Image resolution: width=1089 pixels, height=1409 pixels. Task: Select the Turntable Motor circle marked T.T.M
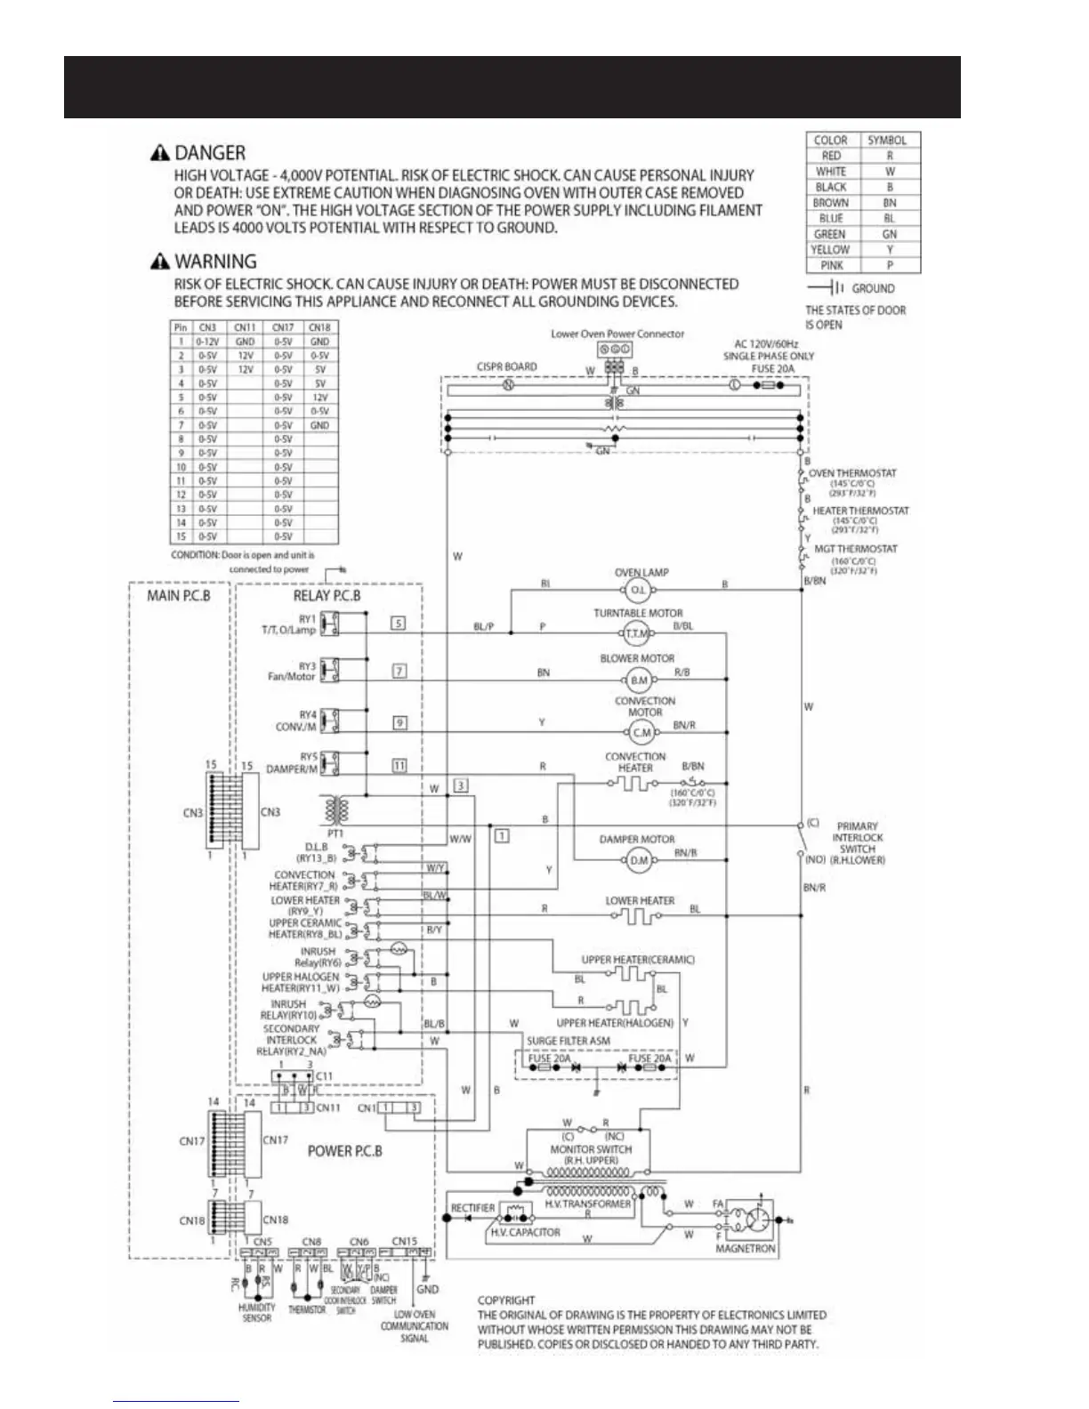tap(637, 633)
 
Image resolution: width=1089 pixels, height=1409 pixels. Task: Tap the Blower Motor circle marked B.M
tap(639, 680)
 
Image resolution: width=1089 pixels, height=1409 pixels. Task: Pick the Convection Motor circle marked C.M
tap(641, 733)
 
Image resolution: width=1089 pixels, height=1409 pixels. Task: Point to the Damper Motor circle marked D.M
tap(639, 860)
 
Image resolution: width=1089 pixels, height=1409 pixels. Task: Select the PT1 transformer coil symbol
tap(337, 810)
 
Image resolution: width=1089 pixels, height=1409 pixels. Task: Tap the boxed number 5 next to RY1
tap(399, 624)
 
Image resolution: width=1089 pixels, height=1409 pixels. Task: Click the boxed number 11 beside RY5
tap(399, 765)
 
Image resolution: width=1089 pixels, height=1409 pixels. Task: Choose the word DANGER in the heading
tap(210, 153)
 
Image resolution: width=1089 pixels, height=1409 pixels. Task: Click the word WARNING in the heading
tap(215, 262)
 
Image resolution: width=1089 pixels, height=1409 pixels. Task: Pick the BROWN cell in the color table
tap(830, 203)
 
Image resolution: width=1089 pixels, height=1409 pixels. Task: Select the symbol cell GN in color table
tap(889, 234)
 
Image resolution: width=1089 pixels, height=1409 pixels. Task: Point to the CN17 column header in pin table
tap(283, 327)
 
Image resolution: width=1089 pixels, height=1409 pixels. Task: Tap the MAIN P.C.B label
tap(179, 595)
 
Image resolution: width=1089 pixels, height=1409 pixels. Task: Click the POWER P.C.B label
tap(345, 1150)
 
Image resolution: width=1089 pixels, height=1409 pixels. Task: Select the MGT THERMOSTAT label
tap(856, 549)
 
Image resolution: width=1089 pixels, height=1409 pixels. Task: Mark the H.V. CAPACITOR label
tap(526, 1233)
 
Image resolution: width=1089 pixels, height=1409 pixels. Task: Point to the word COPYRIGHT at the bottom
tap(507, 1300)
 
